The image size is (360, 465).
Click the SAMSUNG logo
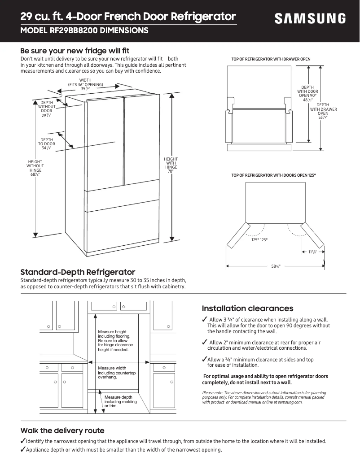tap(310, 19)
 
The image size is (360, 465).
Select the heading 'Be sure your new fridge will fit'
tap(75, 50)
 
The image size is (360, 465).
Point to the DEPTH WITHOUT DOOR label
tap(47, 109)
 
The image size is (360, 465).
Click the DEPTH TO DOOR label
tap(47, 144)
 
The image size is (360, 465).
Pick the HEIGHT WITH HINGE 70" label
tap(171, 165)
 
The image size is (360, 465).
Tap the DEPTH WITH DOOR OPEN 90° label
tap(307, 94)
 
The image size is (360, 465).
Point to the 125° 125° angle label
tap(259, 240)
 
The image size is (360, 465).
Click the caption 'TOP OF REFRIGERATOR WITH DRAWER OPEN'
tap(271, 59)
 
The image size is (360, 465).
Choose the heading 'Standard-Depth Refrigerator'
tap(78, 272)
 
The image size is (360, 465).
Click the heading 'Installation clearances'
tap(247, 309)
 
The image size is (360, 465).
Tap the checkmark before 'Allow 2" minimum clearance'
tap(204, 343)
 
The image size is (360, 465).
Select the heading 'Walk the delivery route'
tap(62, 430)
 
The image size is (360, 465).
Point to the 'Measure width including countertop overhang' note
tap(117, 373)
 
